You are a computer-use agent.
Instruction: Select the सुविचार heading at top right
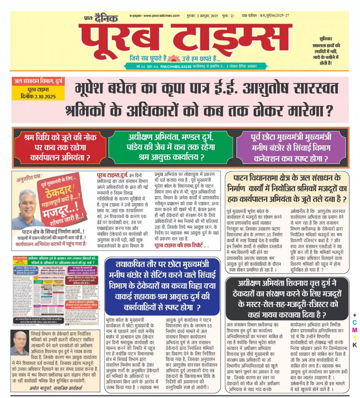click(326, 39)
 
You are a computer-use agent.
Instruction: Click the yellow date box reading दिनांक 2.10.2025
click(38, 96)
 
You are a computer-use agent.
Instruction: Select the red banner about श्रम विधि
click(60, 147)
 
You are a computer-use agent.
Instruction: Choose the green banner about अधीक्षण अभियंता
click(171, 147)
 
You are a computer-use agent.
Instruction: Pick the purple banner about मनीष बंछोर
click(291, 147)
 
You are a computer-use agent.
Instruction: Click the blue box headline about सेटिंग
click(162, 285)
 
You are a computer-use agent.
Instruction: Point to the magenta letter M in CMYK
click(354, 330)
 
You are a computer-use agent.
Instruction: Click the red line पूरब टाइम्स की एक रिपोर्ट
click(181, 246)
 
